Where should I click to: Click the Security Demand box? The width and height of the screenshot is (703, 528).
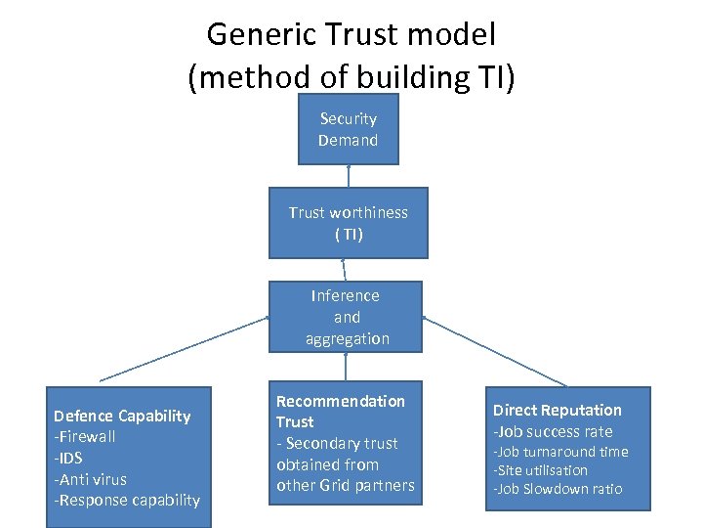(348, 129)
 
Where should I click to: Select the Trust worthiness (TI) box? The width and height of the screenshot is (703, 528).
(348, 223)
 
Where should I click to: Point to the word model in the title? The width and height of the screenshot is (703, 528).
(453, 35)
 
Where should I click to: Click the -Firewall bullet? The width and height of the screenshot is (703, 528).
(85, 437)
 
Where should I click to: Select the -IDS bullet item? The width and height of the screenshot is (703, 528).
(69, 459)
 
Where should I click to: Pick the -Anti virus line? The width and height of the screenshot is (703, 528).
(91, 479)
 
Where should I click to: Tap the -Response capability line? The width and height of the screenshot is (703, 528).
(127, 501)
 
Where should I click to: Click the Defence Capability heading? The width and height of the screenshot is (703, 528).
(122, 417)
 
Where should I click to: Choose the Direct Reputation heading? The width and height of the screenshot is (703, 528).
(557, 411)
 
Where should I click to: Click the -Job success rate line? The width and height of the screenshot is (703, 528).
(553, 431)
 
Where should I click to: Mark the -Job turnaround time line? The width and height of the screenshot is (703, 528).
(560, 452)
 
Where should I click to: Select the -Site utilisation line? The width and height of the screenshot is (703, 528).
(540, 470)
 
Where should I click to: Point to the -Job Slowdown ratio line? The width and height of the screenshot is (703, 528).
(557, 489)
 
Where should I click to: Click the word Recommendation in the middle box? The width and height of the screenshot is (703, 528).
(340, 401)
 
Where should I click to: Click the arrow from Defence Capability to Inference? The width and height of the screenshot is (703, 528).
(186, 348)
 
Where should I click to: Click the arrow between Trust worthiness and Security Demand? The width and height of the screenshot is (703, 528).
(348, 176)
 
